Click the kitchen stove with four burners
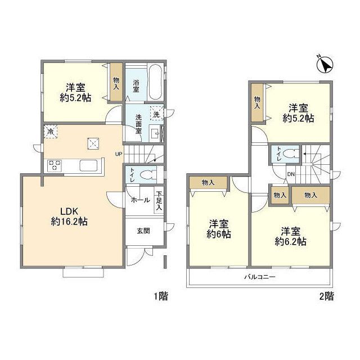point(55,165)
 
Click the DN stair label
point(291,174)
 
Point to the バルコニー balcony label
point(259,277)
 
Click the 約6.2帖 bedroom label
point(291,236)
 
